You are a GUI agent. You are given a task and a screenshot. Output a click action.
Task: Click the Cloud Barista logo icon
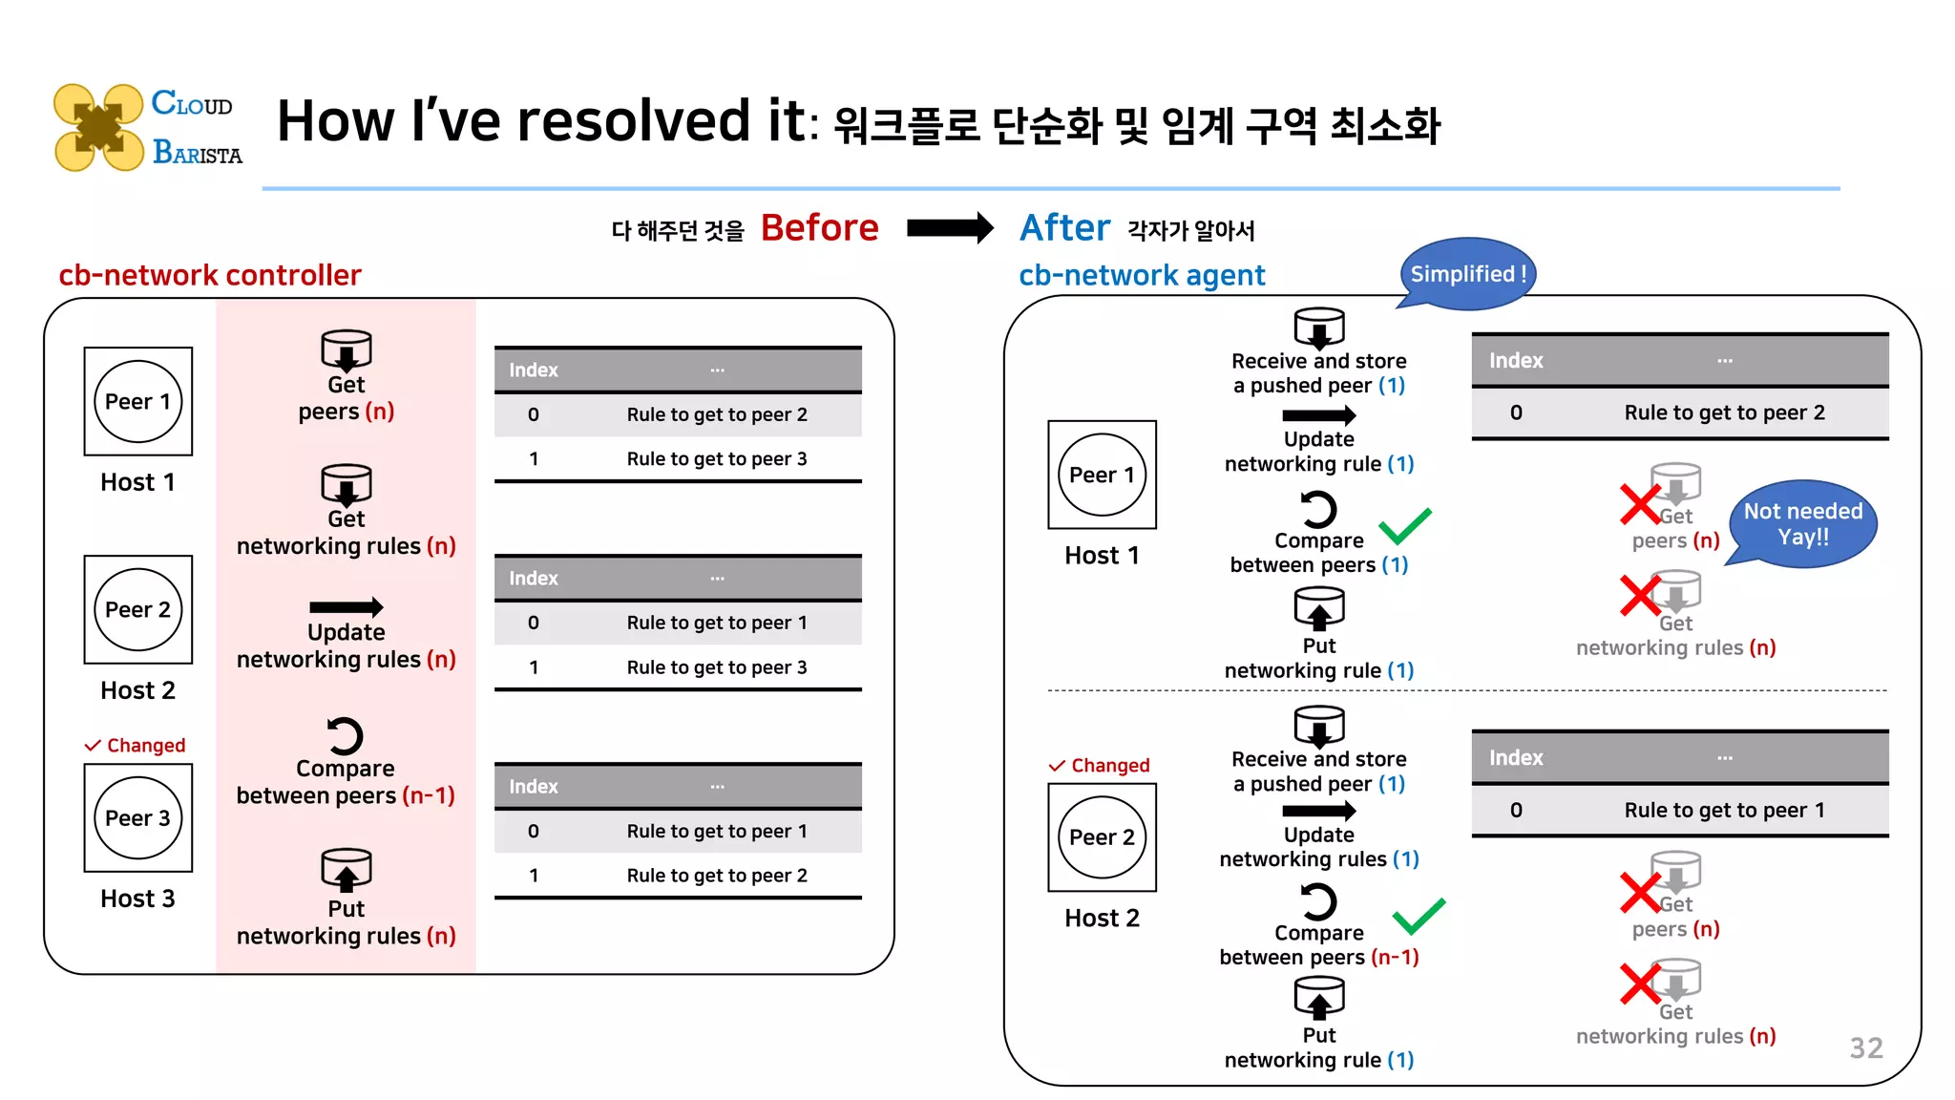pyautogui.click(x=98, y=127)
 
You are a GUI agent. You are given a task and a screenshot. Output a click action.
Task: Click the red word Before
pyautogui.click(x=819, y=228)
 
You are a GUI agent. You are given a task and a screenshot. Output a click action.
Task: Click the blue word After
pyautogui.click(x=1064, y=228)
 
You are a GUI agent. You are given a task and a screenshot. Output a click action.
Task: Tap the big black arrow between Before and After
pyautogui.click(x=949, y=228)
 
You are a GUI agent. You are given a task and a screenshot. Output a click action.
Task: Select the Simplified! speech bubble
pyautogui.click(x=1467, y=274)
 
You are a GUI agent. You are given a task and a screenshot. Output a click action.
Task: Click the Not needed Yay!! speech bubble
pyautogui.click(x=1802, y=523)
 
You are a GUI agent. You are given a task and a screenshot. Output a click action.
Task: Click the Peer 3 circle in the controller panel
pyautogui.click(x=137, y=817)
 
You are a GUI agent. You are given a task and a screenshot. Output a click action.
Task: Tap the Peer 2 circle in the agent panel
pyautogui.click(x=1102, y=836)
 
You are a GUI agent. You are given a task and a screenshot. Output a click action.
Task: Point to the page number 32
pyautogui.click(x=1865, y=1047)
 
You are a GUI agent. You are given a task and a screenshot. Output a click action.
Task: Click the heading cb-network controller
pyautogui.click(x=210, y=275)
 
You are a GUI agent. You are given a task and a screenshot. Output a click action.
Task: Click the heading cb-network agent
pyautogui.click(x=1142, y=275)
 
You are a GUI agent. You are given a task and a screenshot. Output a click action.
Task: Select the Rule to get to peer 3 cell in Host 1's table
pyautogui.click(x=716, y=459)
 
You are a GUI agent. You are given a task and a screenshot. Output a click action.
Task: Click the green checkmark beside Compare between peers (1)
pyautogui.click(x=1405, y=525)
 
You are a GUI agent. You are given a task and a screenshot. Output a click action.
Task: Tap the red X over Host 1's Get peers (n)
pyautogui.click(x=1641, y=503)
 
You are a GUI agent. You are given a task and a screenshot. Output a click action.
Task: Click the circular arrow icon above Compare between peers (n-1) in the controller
pyautogui.click(x=345, y=736)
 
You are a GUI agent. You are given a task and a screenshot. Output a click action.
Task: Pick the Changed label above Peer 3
pyautogui.click(x=136, y=745)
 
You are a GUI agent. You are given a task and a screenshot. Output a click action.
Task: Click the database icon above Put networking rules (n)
pyautogui.click(x=346, y=869)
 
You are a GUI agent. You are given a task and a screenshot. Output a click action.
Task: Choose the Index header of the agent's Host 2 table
pyautogui.click(x=1516, y=757)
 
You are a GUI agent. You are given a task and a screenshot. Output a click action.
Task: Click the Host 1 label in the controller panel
pyautogui.click(x=137, y=482)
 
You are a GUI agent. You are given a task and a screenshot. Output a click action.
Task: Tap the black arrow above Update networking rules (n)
pyautogui.click(x=346, y=607)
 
